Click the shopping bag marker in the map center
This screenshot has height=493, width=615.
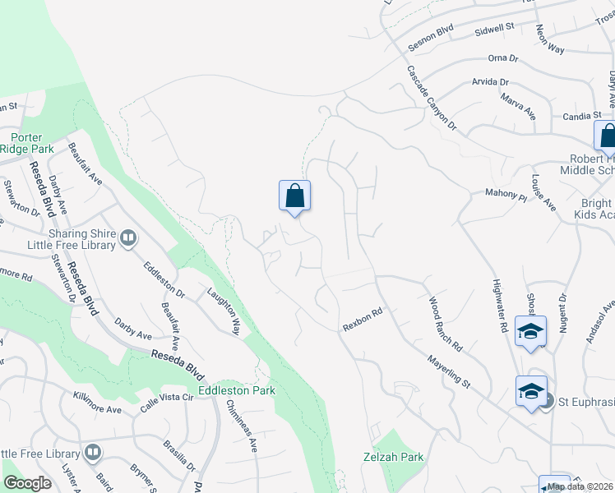pos(294,196)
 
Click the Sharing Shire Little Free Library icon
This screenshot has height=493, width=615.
pos(127,238)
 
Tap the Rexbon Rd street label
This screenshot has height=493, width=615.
pos(363,320)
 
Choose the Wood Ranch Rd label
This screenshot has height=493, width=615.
pos(446,320)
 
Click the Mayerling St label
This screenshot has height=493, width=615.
pos(447,372)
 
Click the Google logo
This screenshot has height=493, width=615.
pos(27,483)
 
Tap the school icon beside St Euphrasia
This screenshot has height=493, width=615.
pos(531,390)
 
